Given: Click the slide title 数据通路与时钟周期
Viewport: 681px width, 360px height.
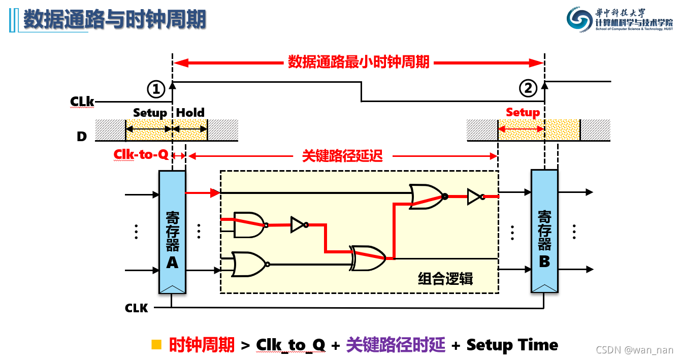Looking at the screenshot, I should pyautogui.click(x=115, y=20).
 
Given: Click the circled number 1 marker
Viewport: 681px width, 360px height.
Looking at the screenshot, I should pyautogui.click(x=156, y=89).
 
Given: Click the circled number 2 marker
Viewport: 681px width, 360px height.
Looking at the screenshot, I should pyautogui.click(x=528, y=89).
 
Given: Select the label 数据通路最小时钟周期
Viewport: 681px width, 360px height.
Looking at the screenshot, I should pyautogui.click(x=359, y=62).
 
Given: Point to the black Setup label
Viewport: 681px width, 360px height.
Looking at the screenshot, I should pyautogui.click(x=150, y=113).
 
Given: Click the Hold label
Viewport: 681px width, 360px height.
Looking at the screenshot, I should pyautogui.click(x=190, y=113).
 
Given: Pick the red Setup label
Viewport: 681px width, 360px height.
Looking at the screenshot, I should pyautogui.click(x=523, y=113).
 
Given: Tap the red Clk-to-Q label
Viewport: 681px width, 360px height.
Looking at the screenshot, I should pyautogui.click(x=141, y=154).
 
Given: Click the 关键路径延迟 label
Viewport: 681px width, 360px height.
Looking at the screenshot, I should pyautogui.click(x=342, y=156).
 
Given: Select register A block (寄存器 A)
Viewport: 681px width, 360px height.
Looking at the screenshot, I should pyautogui.click(x=172, y=232).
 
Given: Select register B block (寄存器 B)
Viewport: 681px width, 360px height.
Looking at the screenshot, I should pyautogui.click(x=544, y=232).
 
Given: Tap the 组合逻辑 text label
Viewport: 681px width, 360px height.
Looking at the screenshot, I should pyautogui.click(x=445, y=279).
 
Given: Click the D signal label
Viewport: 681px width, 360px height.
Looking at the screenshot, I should pyautogui.click(x=82, y=136).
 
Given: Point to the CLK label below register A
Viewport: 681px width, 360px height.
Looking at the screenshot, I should pyautogui.click(x=137, y=308).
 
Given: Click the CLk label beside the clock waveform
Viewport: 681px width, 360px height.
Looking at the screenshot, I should pyautogui.click(x=82, y=102).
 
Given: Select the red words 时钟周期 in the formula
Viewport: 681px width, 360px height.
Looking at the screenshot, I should pyautogui.click(x=202, y=345).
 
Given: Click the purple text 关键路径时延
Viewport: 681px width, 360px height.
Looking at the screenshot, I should pyautogui.click(x=396, y=345).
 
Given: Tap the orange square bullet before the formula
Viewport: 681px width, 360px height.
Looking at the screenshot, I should pyautogui.click(x=156, y=345).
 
